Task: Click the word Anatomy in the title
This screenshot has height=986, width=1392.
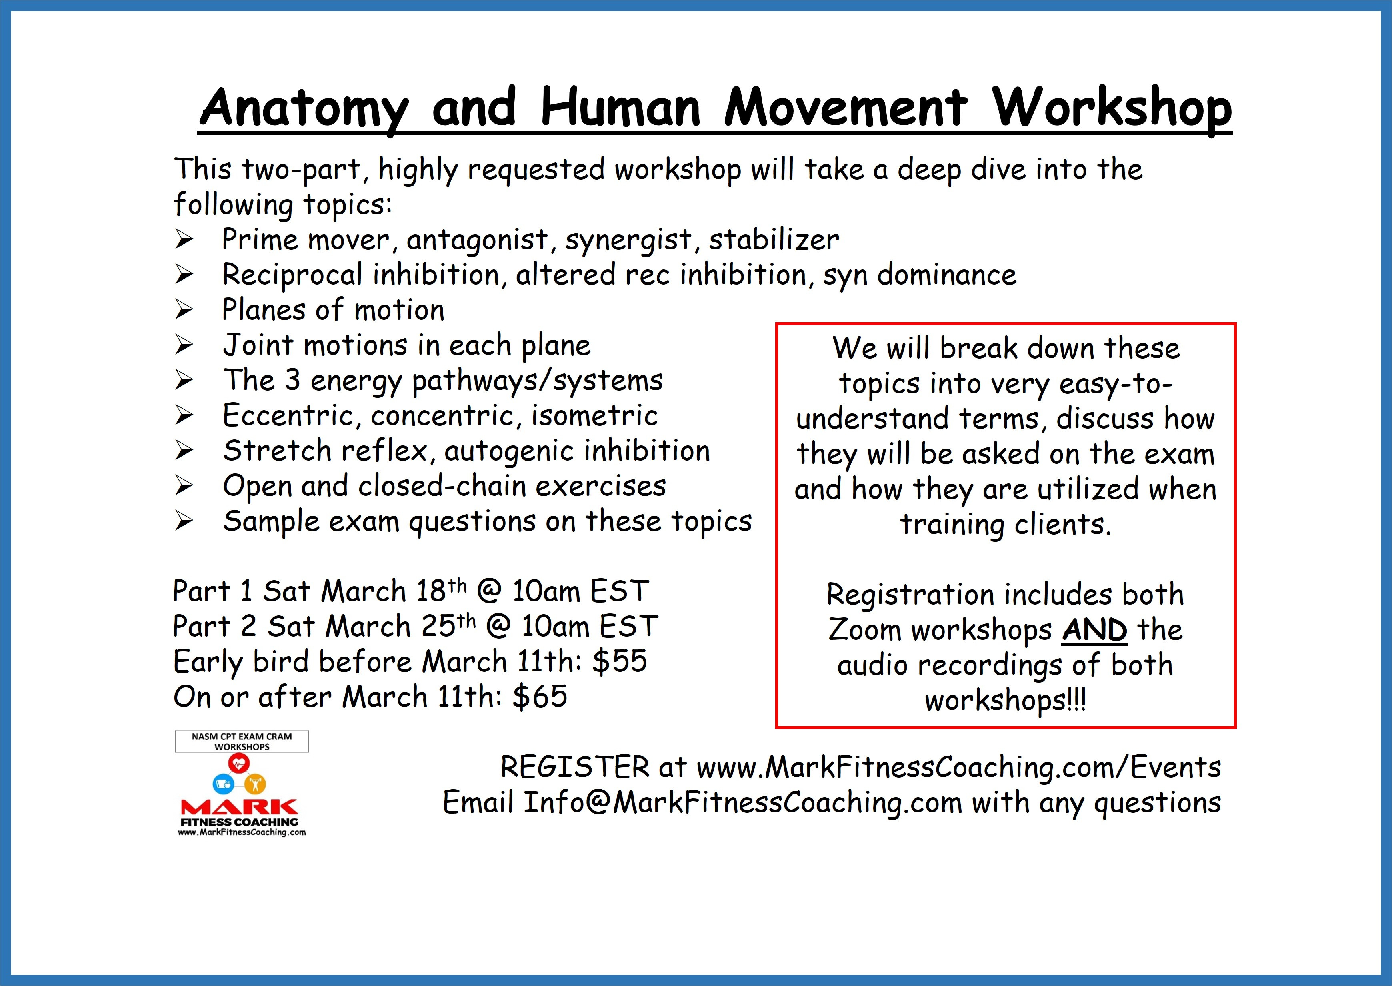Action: pyautogui.click(x=304, y=108)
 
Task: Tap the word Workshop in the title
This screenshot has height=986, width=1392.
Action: pyautogui.click(x=1112, y=108)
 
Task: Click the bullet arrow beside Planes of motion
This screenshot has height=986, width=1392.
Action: pyautogui.click(x=184, y=311)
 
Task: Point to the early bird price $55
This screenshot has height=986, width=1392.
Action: pyautogui.click(x=620, y=661)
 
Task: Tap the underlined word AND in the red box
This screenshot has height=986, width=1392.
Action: pyautogui.click(x=1094, y=630)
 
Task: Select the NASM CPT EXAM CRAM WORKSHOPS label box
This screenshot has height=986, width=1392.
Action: pyautogui.click(x=242, y=741)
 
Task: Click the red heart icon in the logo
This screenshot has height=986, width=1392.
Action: pyautogui.click(x=242, y=762)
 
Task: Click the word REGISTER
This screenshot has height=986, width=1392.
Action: pyautogui.click(x=574, y=767)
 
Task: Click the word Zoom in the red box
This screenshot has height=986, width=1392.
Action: pyautogui.click(x=865, y=630)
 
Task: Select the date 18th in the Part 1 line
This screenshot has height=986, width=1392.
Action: pyautogui.click(x=441, y=591)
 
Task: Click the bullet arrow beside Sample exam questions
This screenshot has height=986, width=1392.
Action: pyautogui.click(x=184, y=521)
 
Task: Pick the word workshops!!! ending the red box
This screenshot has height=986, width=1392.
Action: pyautogui.click(x=1005, y=700)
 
